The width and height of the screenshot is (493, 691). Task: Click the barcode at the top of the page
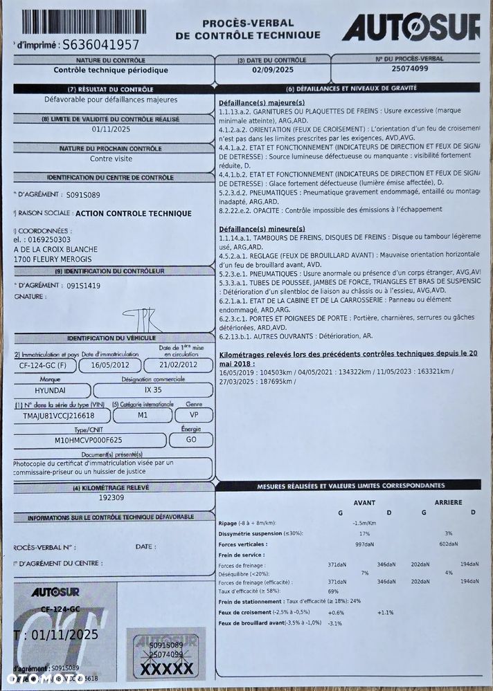click(x=83, y=21)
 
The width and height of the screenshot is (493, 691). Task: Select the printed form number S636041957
click(x=100, y=45)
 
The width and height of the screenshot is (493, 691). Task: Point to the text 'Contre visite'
click(x=111, y=158)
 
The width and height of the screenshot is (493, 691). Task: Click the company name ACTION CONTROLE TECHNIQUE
click(x=133, y=214)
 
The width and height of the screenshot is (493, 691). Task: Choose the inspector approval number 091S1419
click(x=84, y=285)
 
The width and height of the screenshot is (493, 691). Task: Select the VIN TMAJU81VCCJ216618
click(x=53, y=416)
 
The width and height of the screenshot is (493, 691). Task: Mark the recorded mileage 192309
click(x=111, y=497)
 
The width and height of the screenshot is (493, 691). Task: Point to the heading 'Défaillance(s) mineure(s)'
click(x=262, y=228)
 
